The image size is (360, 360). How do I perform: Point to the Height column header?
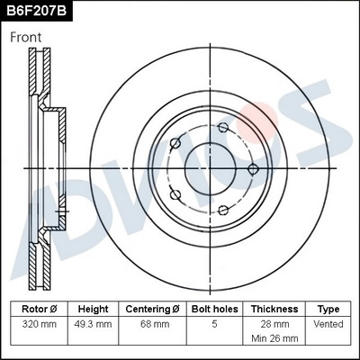point(93,308)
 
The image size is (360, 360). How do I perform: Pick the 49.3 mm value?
point(93,321)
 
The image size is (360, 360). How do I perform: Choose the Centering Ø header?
point(152,308)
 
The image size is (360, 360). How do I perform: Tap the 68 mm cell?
point(152,321)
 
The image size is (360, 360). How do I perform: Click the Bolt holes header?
point(213,308)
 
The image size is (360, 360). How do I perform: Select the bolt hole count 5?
point(213,321)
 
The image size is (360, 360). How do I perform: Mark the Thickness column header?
point(274,308)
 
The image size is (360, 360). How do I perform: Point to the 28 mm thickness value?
point(274,321)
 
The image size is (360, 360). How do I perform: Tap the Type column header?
point(328,308)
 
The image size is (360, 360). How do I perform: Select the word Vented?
point(328,321)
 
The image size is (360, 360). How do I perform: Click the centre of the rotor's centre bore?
point(210,169)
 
